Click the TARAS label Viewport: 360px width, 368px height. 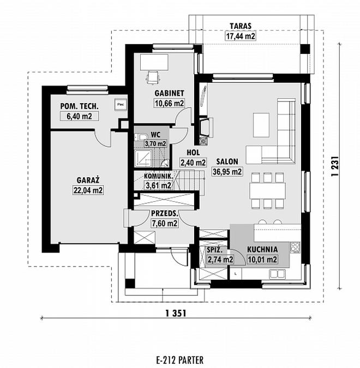coord(241,26)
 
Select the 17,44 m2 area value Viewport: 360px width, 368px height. coord(241,36)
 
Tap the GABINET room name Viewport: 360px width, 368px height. coord(169,93)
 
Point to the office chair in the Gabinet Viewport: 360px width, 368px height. coord(152,77)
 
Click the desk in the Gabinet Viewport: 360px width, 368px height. coord(154,62)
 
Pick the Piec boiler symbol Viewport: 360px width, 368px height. coord(121,104)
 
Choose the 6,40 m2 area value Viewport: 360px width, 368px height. coord(79,116)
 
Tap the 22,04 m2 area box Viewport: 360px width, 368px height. coord(88,190)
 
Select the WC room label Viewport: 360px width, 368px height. coord(155,135)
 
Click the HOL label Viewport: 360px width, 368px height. coord(193,153)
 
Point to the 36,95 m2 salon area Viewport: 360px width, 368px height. coord(227,172)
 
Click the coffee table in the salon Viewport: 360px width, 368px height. coord(261,125)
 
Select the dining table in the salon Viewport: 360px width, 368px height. coord(267,190)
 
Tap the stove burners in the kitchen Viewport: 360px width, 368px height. coord(295,248)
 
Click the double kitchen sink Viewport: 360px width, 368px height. coord(277,274)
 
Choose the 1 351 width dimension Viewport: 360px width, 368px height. coord(176,313)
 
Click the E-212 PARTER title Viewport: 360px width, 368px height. coord(179,360)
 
